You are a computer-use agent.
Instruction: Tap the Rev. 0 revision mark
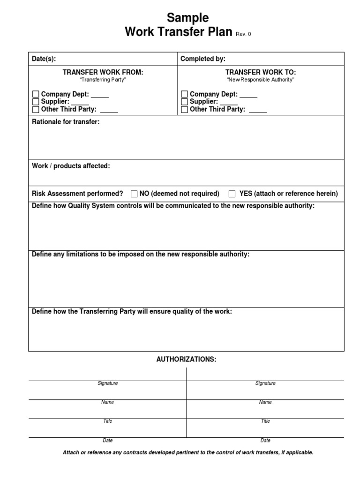[x=243, y=34]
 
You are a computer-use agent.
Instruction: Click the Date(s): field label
[x=44, y=59]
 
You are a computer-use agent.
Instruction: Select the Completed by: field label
[x=203, y=59]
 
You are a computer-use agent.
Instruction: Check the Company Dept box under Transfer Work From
[x=36, y=95]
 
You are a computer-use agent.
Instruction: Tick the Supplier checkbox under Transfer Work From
[x=36, y=102]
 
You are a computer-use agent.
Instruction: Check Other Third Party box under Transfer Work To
[x=184, y=110]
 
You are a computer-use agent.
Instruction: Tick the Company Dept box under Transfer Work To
[x=184, y=95]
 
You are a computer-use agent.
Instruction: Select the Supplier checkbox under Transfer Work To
[x=184, y=102]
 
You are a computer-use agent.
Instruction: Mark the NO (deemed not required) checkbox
[x=134, y=194]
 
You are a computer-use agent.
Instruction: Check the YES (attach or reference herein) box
[x=232, y=194]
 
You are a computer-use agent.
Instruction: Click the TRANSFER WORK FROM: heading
[x=103, y=72]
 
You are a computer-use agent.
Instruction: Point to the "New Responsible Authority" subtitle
[x=261, y=80]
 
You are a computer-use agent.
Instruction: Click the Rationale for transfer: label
[x=66, y=122]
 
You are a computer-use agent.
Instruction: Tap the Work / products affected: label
[x=71, y=166]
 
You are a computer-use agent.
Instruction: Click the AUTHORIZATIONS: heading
[x=186, y=359]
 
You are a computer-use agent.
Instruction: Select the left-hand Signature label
[x=107, y=383]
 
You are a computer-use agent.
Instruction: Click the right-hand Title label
[x=265, y=421]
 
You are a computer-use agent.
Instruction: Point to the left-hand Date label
[x=107, y=441]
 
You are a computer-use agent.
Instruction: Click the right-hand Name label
[x=265, y=402]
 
